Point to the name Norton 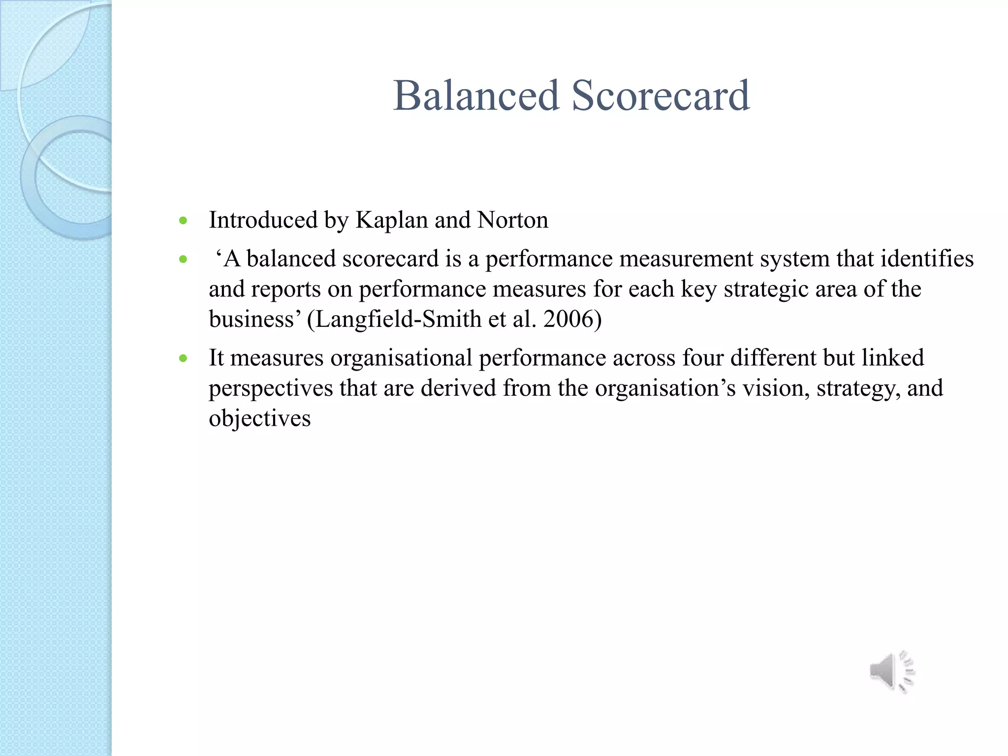coord(512,220)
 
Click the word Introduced coord(263,220)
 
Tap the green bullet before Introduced coord(184,220)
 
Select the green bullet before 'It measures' coord(184,358)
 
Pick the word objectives coord(259,419)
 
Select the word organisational coord(401,358)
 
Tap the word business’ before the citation coord(254,319)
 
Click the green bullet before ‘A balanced coord(184,259)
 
